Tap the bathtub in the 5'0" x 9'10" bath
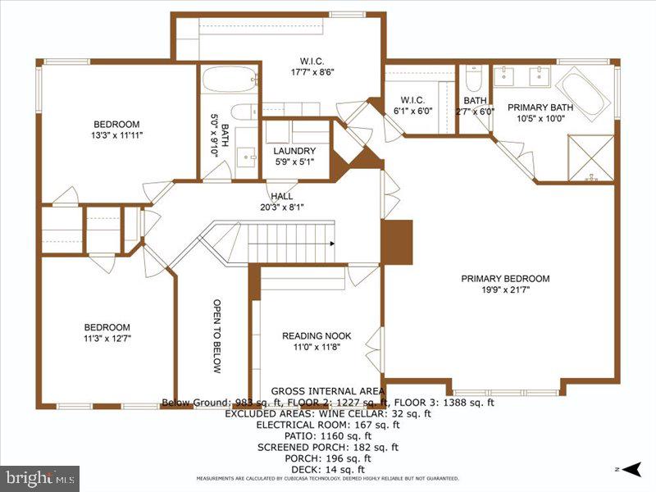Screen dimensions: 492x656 tap(229, 82)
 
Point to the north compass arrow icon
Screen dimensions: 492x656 tap(630, 470)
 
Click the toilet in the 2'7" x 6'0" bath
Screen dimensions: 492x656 tap(473, 79)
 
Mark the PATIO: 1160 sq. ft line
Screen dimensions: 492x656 tap(327, 436)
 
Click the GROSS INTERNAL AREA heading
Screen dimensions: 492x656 tap(327, 391)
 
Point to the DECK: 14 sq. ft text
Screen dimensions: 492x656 tap(327, 469)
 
